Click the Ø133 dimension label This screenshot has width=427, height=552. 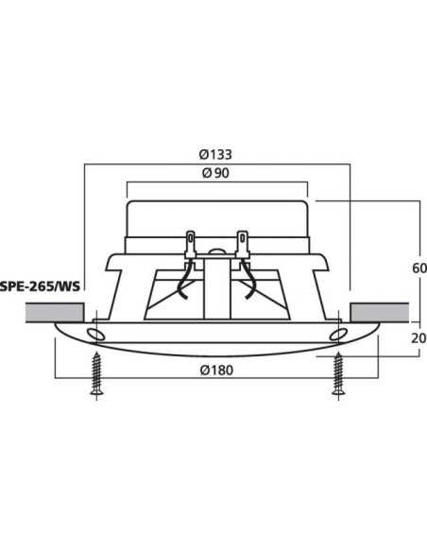click(216, 154)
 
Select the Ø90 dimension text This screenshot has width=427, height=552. click(216, 173)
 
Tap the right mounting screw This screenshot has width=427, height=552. click(336, 377)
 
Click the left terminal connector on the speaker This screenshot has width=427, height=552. click(192, 245)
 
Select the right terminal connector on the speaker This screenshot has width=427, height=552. click(243, 245)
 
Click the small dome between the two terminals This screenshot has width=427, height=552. click(216, 252)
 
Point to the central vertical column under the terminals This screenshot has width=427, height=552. click(216, 288)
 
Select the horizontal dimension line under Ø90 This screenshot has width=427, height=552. click(216, 183)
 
